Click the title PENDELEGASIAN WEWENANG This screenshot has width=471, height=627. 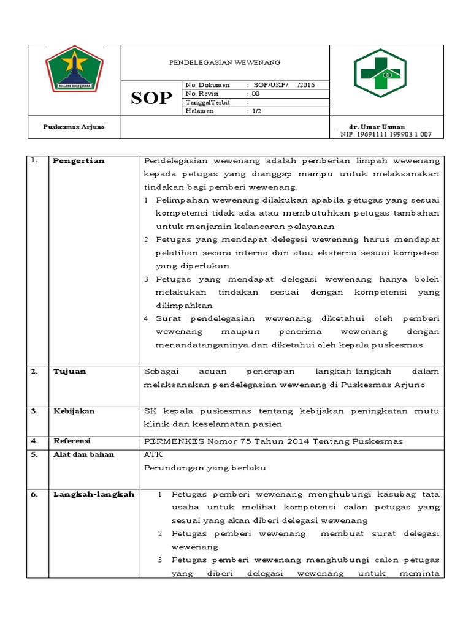point(224,62)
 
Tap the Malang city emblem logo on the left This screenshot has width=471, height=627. point(74,69)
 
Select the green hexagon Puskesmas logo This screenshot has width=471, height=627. point(380,73)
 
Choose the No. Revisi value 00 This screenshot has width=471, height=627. point(255,94)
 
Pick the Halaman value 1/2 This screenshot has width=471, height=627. point(256,111)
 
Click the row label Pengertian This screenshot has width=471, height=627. point(78,161)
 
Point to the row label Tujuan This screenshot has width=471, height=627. point(69,371)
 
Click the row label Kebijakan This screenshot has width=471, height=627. point(74,411)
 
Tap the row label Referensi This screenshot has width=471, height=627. point(72,441)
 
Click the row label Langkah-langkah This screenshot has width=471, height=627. point(93,494)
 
